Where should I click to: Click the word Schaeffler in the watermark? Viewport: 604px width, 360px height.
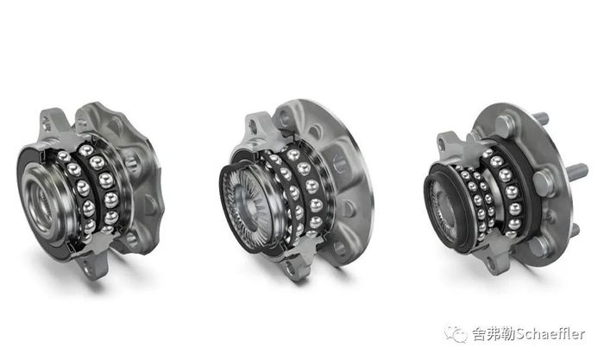click(551, 334)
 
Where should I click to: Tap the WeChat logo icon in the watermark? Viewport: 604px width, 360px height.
click(456, 334)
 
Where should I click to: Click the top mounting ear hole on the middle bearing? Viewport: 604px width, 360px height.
click(253, 127)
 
